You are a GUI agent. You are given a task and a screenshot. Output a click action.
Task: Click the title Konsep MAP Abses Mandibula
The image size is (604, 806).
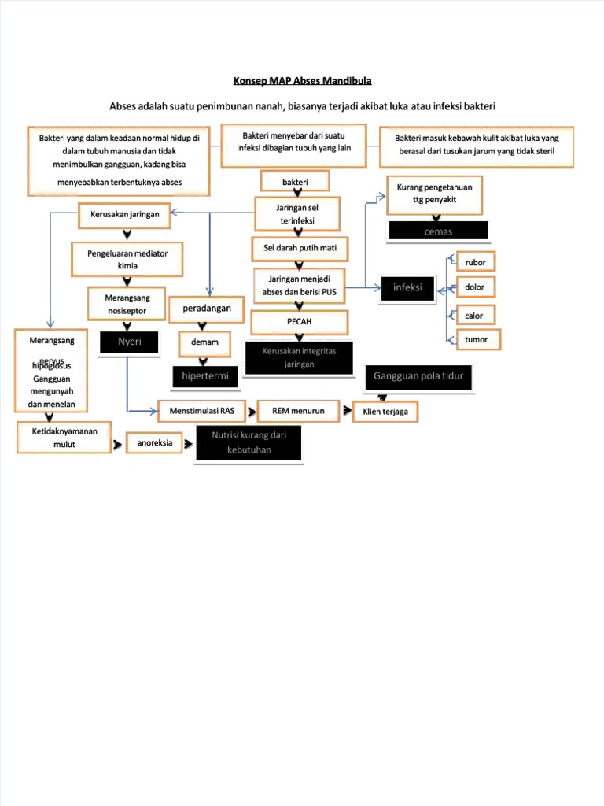[x=302, y=80]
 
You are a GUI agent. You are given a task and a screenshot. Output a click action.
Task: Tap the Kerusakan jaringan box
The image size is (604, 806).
[x=125, y=214]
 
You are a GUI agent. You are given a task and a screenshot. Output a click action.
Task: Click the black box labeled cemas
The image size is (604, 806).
[x=438, y=231]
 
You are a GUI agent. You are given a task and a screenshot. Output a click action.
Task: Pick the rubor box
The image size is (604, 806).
[x=475, y=262]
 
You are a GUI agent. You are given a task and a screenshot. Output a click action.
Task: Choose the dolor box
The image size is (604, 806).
[x=475, y=287]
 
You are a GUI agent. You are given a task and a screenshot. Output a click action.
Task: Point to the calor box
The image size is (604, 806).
[x=475, y=315]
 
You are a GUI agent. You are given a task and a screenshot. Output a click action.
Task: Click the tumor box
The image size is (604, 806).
[x=475, y=340]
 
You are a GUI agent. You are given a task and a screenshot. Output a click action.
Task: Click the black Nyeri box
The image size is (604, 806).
[x=129, y=342]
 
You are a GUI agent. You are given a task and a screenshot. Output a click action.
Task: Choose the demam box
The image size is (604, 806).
[x=204, y=343]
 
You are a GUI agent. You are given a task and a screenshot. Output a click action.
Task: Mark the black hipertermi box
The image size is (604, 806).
[x=204, y=376]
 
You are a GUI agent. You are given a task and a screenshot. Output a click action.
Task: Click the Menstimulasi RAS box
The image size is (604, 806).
[x=201, y=410]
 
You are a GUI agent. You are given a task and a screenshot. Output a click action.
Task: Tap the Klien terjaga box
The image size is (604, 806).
[x=385, y=412]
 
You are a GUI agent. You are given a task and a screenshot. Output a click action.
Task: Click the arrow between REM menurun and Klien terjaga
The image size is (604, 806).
[x=347, y=409]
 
